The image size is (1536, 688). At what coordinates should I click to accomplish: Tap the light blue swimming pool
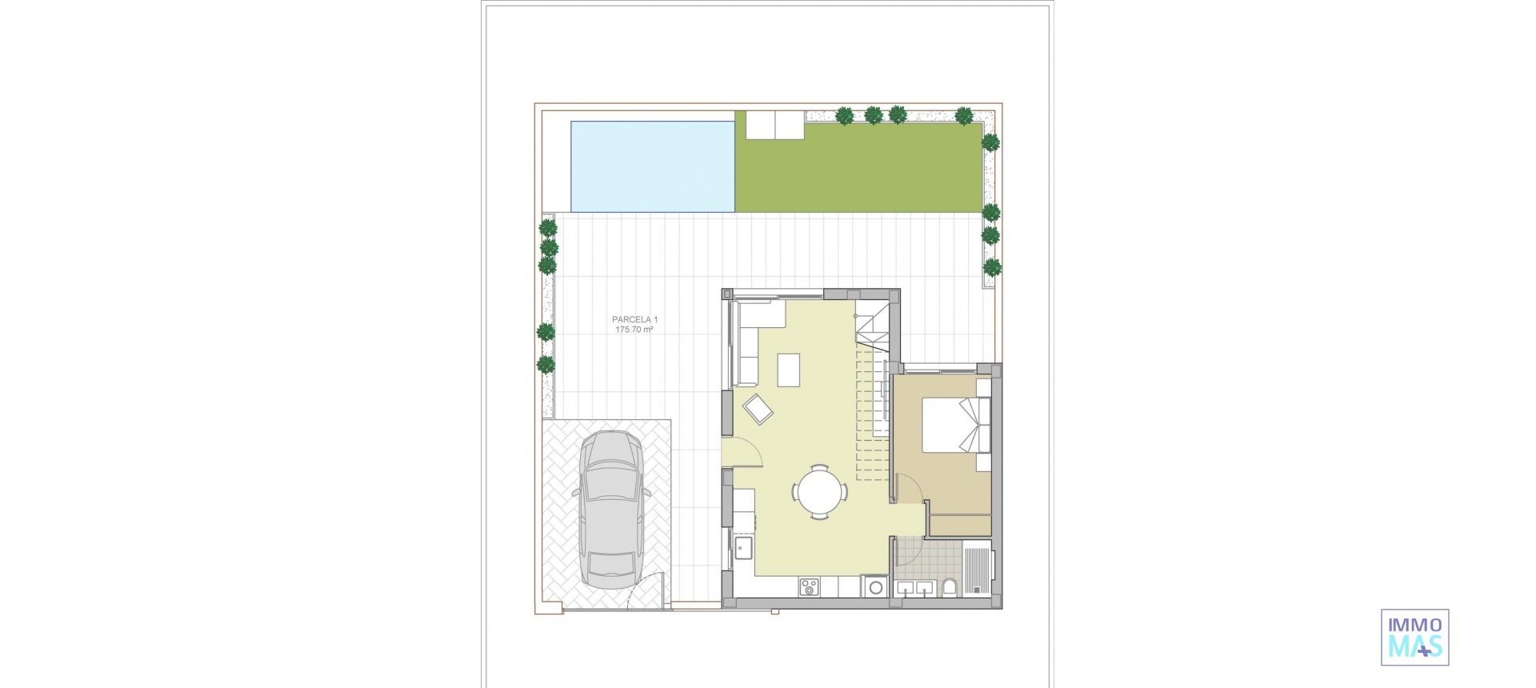point(652,166)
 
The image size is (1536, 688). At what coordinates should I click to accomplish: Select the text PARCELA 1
point(634,320)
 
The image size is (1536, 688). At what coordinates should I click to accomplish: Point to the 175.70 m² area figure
point(634,330)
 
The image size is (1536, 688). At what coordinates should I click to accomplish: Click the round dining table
point(818,490)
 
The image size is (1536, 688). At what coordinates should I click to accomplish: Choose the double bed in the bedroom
point(956,425)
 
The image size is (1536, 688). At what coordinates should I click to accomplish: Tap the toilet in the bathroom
point(950,589)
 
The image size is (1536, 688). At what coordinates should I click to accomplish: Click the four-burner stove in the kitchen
point(808,588)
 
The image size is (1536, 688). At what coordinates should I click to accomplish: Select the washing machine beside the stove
point(875,588)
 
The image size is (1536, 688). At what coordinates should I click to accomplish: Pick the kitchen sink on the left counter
point(182,549)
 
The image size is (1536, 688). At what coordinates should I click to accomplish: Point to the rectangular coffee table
point(788,370)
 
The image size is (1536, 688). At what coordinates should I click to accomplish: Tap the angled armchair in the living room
point(758,410)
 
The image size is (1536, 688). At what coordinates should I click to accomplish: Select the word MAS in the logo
point(1414,646)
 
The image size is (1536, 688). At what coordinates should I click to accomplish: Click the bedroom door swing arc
point(907,486)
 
